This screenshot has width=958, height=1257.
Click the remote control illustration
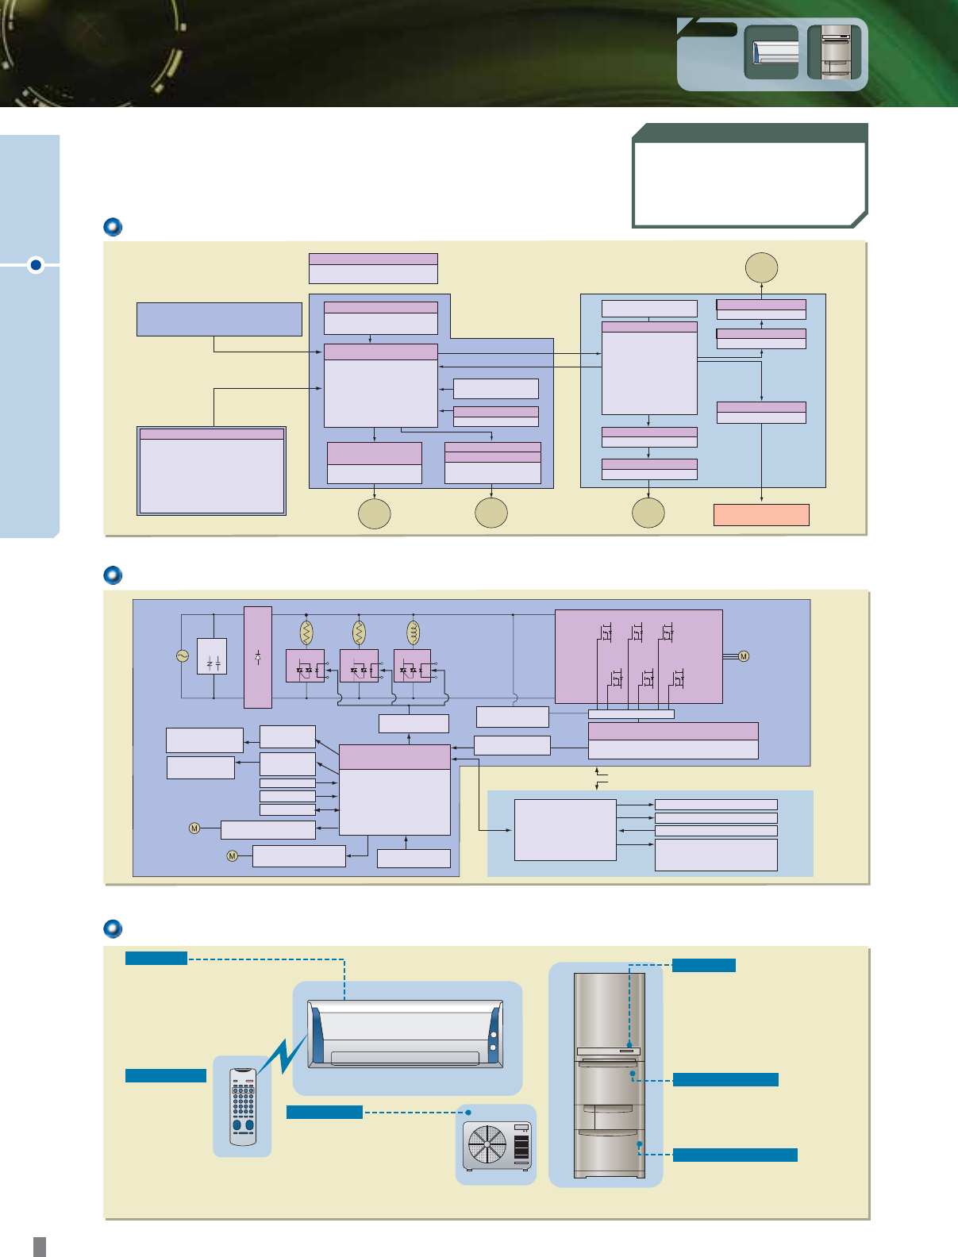243,1107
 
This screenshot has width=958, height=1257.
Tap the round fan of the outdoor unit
487,1145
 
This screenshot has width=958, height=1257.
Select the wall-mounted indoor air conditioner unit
406,1034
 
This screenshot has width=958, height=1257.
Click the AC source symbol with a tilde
182,656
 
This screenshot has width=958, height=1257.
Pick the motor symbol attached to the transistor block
744,656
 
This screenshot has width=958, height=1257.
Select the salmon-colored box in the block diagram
761,515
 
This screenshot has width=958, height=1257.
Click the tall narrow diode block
258,657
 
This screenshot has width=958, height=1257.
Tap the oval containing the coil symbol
413,632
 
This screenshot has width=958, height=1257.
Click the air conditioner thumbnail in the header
771,52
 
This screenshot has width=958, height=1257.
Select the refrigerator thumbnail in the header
834,52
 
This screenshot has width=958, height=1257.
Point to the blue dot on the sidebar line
35,264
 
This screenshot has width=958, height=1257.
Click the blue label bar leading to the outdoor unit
324,1112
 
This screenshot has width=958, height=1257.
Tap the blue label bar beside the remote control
165,1075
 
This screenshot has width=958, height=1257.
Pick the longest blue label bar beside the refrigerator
735,1155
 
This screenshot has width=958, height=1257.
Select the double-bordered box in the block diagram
211,471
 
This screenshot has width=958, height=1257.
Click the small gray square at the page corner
40,1246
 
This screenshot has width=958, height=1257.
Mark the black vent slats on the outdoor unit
521,1147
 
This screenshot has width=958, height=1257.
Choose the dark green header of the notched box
750,133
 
